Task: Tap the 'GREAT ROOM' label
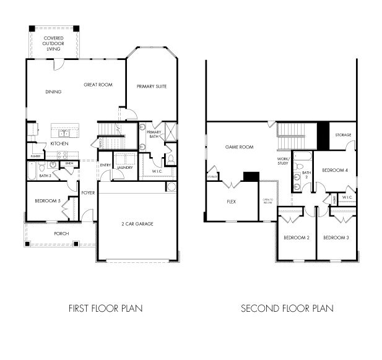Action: (x=98, y=85)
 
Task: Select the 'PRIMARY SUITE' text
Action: (x=152, y=86)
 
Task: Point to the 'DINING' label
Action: (x=53, y=92)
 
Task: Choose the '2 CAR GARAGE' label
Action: (x=137, y=223)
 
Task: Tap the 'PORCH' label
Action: (x=61, y=233)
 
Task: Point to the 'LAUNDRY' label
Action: (x=124, y=166)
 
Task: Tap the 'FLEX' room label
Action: (x=231, y=202)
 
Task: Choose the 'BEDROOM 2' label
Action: (x=296, y=238)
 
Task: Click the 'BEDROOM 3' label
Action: (x=336, y=238)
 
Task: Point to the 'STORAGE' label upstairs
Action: (x=343, y=135)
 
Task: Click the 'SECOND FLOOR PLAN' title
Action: (x=287, y=308)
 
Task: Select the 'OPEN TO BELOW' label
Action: (x=267, y=201)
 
